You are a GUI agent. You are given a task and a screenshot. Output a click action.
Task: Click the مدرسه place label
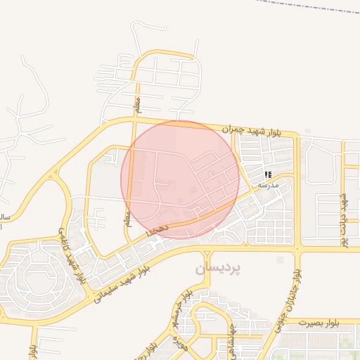coord(269,185)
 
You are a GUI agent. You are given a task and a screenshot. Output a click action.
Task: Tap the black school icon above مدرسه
coord(267,174)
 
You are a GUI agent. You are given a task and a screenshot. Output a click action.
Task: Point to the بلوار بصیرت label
coord(323,323)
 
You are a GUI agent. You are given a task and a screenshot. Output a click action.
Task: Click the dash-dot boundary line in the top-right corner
coord(309,7)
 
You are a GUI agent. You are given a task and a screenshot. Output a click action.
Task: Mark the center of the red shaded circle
coord(180,179)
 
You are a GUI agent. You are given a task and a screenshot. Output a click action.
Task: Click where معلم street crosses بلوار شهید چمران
coord(134,120)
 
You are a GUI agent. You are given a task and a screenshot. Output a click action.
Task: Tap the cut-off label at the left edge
coord(4,217)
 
